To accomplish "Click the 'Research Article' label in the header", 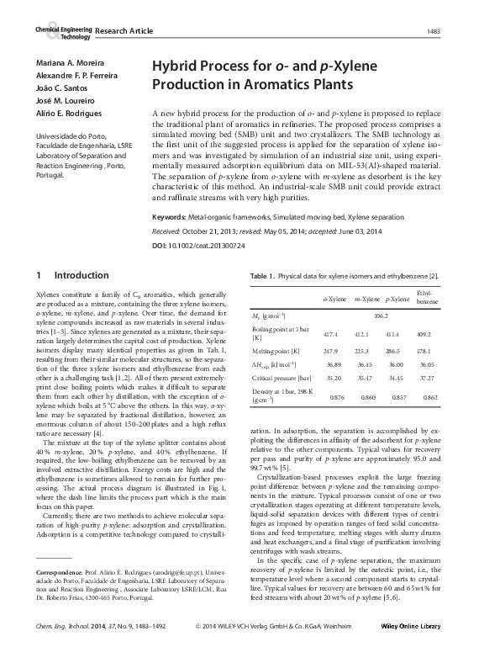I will pyautogui.click(x=124, y=31).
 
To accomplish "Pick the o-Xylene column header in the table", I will pyautogui.click(x=335, y=299).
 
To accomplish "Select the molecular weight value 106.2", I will pyautogui.click(x=380, y=315).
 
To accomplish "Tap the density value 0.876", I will pyautogui.click(x=338, y=397).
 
